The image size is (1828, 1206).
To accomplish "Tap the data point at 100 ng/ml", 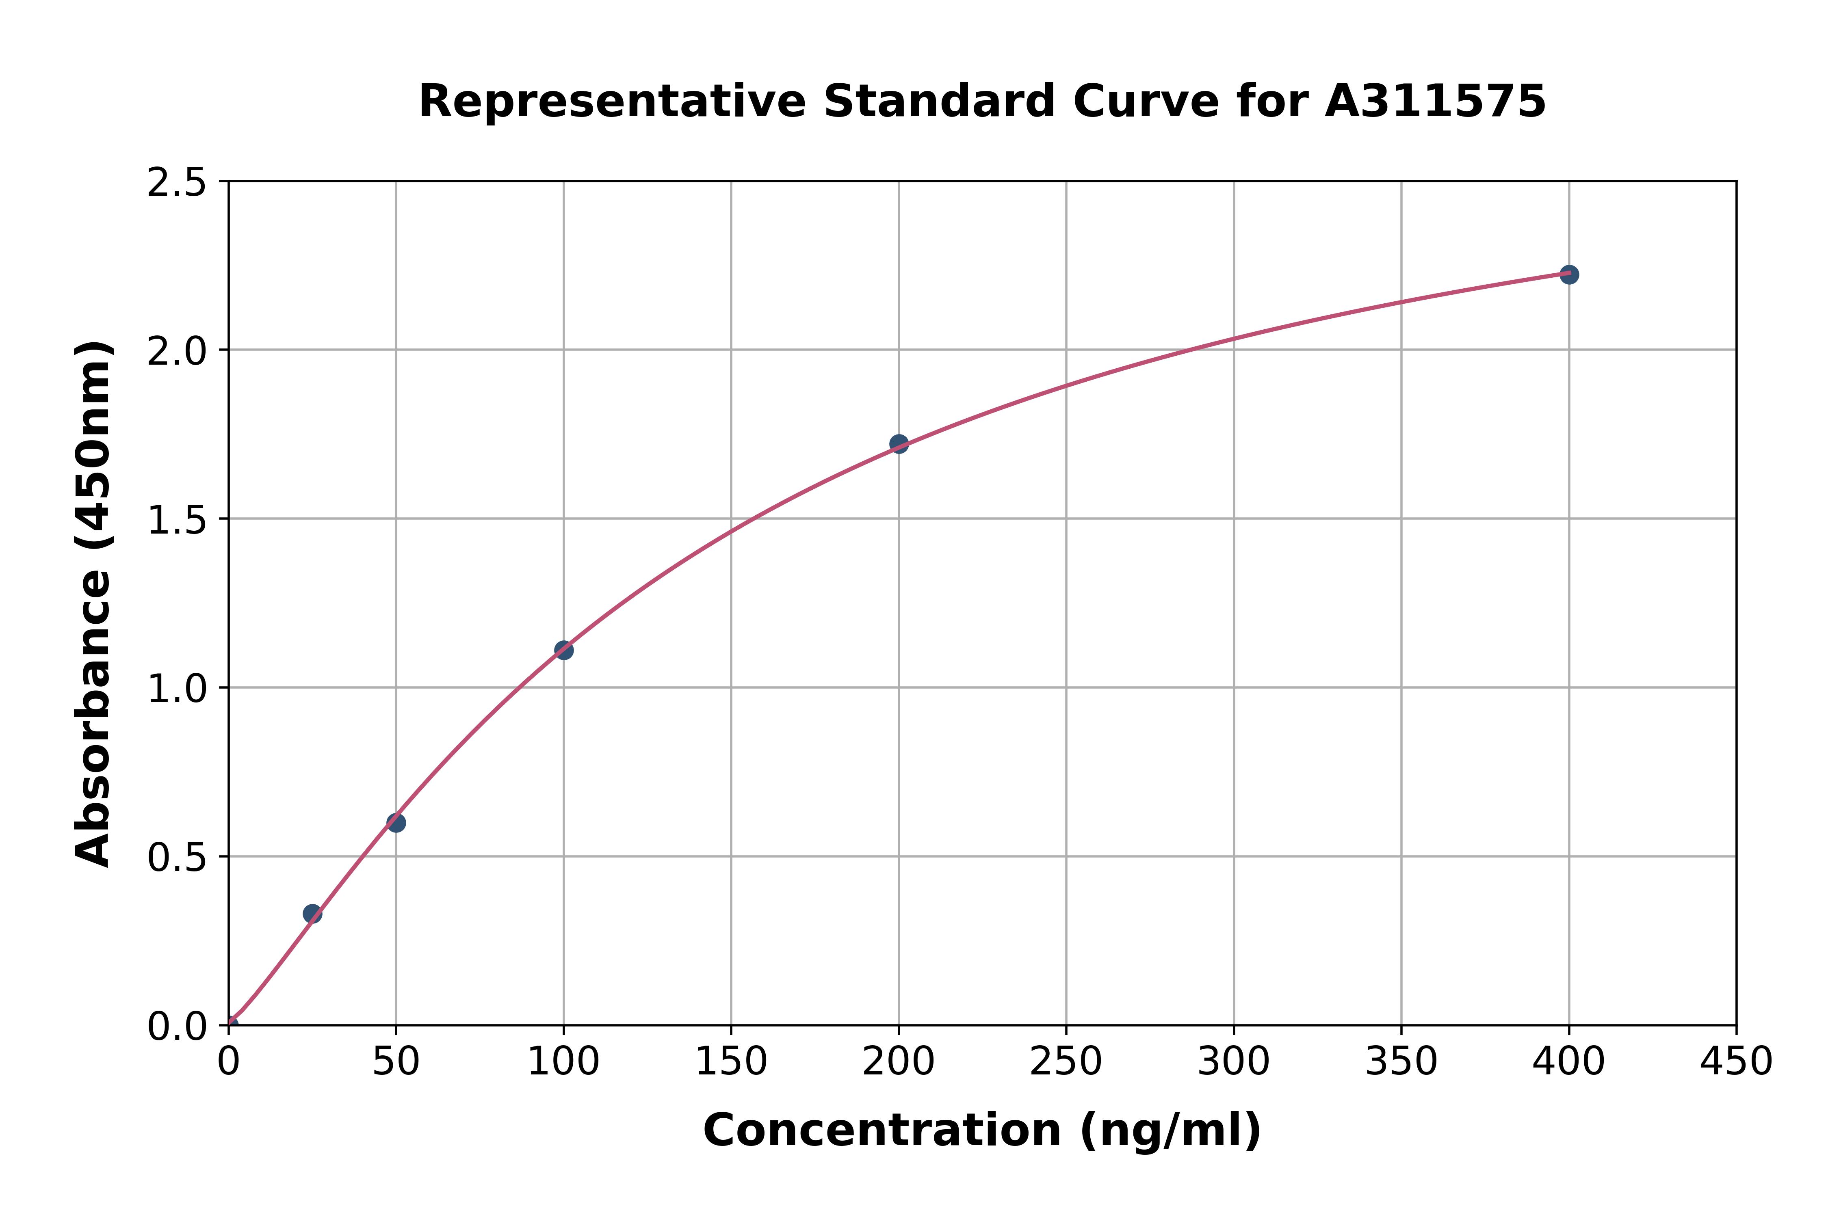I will click(x=563, y=650).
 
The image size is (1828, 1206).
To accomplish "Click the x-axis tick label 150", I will click(x=731, y=1062).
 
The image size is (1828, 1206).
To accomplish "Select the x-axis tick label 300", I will click(x=1233, y=1062).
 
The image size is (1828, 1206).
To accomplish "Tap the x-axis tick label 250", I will click(x=1066, y=1062).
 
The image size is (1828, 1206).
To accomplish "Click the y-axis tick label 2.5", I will click(x=177, y=183).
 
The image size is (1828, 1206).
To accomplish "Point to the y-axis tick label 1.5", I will click(x=177, y=520).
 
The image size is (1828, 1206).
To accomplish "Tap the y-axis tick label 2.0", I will click(x=177, y=352).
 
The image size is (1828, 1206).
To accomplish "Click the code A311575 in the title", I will click(x=1435, y=102).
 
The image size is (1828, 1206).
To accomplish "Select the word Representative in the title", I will click(x=612, y=102).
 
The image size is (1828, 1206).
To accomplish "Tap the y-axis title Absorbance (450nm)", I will click(x=94, y=604).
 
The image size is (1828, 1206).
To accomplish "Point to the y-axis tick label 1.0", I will click(x=177, y=688).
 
